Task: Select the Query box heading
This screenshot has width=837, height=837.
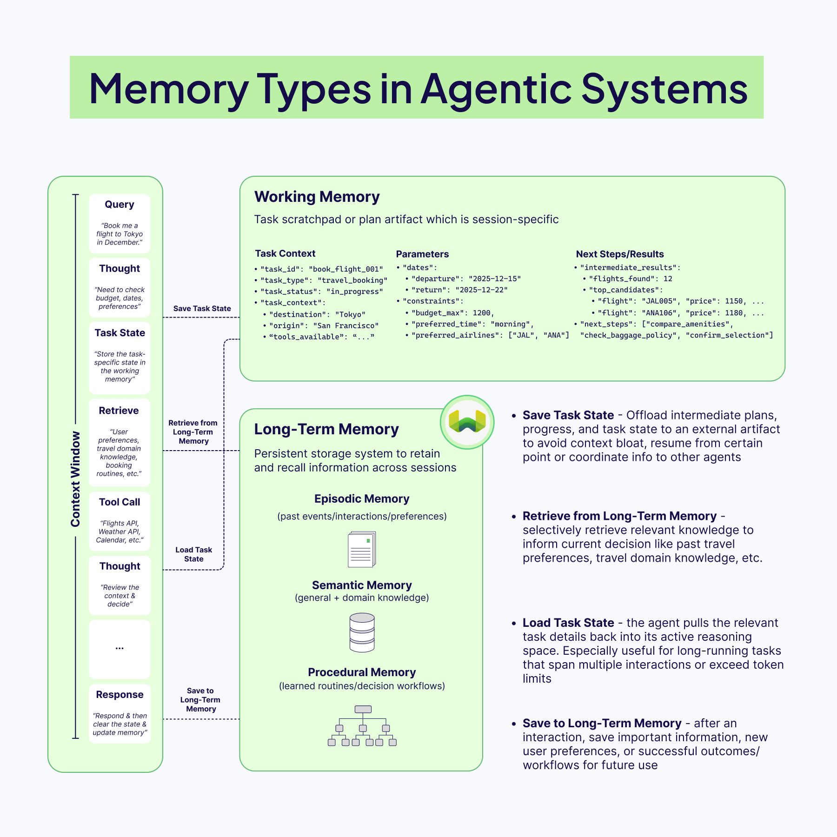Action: pos(120,205)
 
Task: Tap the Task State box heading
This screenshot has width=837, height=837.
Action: pos(120,333)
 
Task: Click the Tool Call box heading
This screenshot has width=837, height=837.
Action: pos(120,502)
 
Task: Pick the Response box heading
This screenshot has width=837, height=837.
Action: pos(120,695)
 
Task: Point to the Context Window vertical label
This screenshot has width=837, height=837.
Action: pos(75,479)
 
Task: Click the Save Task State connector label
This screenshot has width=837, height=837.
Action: pos(202,308)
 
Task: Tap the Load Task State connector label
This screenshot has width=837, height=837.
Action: pos(193,554)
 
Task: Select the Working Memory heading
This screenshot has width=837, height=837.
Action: pos(317,197)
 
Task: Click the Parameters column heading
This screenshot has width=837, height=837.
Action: pos(422,254)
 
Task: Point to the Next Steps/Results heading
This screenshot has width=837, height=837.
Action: pos(619,254)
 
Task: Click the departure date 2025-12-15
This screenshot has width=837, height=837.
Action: pos(494,279)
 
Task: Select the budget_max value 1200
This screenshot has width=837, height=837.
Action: pos(481,313)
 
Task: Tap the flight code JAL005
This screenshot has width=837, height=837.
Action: pos(659,301)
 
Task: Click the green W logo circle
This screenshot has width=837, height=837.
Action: pos(467,422)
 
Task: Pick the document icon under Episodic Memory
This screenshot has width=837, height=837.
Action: pos(362,550)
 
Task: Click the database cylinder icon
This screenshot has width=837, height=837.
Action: pos(362,632)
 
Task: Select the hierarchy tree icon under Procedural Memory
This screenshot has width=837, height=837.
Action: pos(362,726)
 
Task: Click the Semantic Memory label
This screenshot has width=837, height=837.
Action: pos(362,585)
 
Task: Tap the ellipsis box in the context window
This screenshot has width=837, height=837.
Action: pos(120,649)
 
